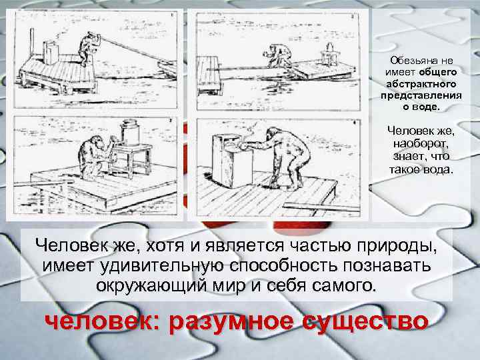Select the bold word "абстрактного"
coord(421,84)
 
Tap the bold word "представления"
coord(421,95)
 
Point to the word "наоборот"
coord(420,144)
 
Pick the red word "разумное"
coord(231,321)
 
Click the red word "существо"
coord(365,321)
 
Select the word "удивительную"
coord(163,266)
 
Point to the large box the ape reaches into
coord(232,161)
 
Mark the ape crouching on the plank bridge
coord(277,56)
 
